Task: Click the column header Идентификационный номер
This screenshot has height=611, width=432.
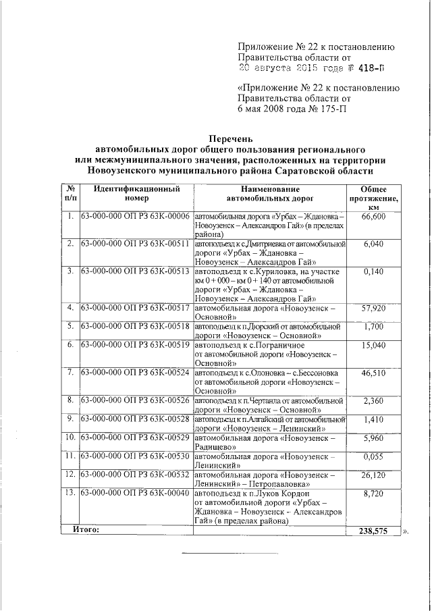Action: click(x=136, y=194)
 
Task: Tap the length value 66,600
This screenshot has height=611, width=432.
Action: click(x=373, y=217)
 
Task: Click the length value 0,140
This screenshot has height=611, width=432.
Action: click(x=373, y=271)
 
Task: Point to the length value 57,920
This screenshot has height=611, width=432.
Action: click(x=373, y=308)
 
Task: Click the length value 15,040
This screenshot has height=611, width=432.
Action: click(x=373, y=345)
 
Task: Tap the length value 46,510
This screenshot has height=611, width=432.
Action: click(x=373, y=373)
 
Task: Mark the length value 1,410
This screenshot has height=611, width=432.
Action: click(x=373, y=419)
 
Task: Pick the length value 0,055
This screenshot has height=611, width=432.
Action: click(x=373, y=456)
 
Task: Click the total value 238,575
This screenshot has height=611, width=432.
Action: click(x=373, y=531)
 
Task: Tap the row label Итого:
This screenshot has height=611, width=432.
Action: click(x=86, y=531)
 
